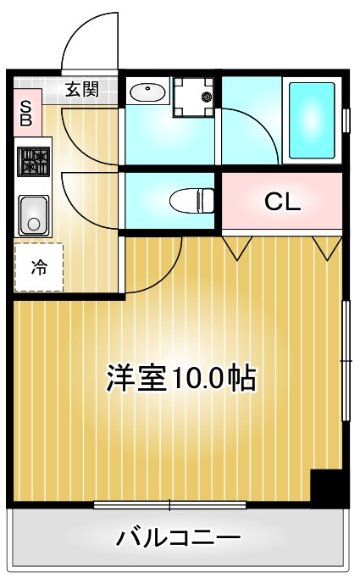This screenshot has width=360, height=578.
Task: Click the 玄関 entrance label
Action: pyautogui.click(x=82, y=89)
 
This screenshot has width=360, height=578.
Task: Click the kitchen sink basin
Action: pyautogui.click(x=34, y=214)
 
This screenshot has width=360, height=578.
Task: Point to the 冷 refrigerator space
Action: pyautogui.click(x=39, y=268)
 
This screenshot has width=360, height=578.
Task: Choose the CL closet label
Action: pyautogui.click(x=281, y=202)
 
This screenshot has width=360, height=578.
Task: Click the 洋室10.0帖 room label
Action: pyautogui.click(x=180, y=379)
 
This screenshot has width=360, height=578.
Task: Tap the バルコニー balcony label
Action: pyautogui.click(x=180, y=537)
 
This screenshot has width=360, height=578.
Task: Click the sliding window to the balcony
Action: pyautogui.click(x=169, y=506)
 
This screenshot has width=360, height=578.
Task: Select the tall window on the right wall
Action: pyautogui.click(x=346, y=360)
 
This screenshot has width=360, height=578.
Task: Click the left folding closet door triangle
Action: pyautogui.click(x=238, y=247)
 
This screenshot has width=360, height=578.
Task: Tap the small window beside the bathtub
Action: pyautogui.click(x=346, y=119)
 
